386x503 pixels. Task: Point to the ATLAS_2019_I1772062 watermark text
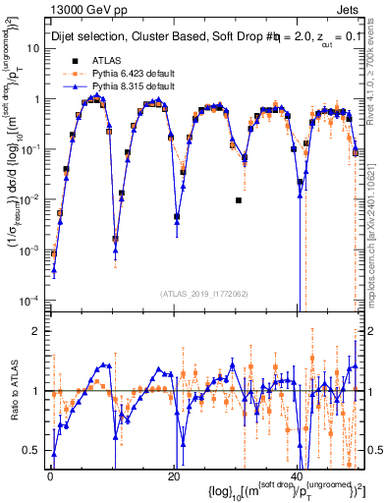[x=204, y=293]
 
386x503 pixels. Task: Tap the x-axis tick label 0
[x=50, y=476]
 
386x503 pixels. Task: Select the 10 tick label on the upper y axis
[x=35, y=48]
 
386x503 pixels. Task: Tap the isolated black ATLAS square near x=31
[x=239, y=200]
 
